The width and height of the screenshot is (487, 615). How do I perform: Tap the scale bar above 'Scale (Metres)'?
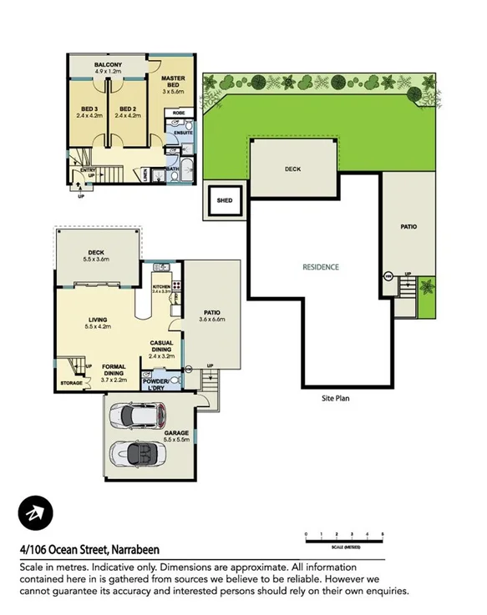click(344, 537)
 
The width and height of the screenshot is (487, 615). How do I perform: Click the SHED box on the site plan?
click(224, 200)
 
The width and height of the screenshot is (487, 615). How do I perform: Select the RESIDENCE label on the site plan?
click(321, 267)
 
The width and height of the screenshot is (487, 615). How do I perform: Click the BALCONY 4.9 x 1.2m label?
click(109, 68)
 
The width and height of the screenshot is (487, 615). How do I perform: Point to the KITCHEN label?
click(161, 287)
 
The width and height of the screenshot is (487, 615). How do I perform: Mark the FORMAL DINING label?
click(113, 371)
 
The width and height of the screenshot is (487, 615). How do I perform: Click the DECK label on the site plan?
click(292, 169)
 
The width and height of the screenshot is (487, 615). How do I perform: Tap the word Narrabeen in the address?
click(135, 550)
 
